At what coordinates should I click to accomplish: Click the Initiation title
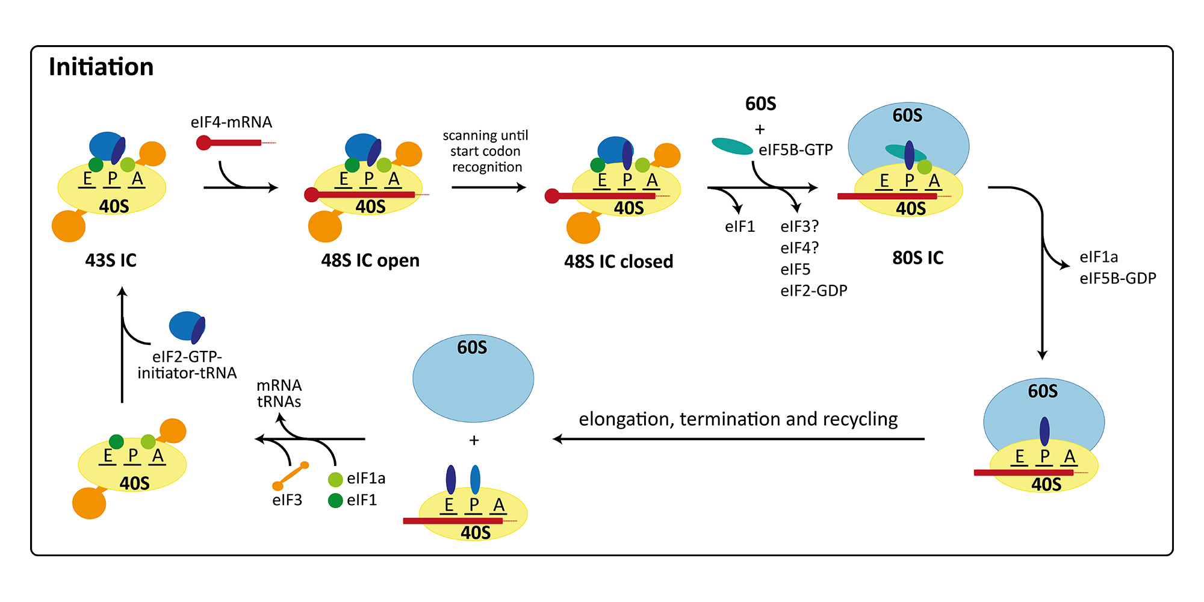(x=101, y=67)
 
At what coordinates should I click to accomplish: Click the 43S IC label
(x=111, y=260)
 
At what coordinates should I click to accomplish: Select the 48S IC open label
(x=370, y=261)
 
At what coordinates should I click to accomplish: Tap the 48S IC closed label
(x=618, y=262)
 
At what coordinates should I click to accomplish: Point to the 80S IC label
(x=917, y=258)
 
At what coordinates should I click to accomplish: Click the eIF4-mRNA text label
(x=231, y=122)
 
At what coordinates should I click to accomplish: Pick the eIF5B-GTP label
(x=795, y=150)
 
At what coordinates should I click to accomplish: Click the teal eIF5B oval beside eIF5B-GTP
(x=732, y=146)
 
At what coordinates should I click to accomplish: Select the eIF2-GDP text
(x=813, y=291)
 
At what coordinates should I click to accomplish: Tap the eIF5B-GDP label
(x=1117, y=278)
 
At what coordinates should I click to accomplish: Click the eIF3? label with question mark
(x=799, y=226)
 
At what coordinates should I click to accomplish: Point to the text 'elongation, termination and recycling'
(x=738, y=419)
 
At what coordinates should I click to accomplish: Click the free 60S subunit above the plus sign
(x=473, y=378)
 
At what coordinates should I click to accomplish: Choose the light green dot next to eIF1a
(x=335, y=479)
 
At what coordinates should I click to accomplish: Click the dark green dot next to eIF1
(x=335, y=500)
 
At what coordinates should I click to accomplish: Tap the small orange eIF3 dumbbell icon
(x=291, y=476)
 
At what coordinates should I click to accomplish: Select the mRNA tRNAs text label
(x=279, y=393)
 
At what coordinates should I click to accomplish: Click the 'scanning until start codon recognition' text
(x=486, y=151)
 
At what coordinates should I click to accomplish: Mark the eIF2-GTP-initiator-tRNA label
(x=187, y=365)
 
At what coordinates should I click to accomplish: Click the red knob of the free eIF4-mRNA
(x=203, y=143)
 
